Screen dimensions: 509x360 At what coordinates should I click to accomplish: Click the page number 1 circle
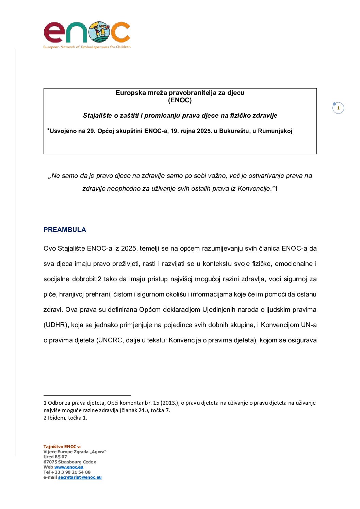(x=338, y=108)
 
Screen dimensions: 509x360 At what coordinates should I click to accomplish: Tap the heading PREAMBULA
(x=65, y=230)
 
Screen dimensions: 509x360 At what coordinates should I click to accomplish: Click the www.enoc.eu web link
(x=69, y=467)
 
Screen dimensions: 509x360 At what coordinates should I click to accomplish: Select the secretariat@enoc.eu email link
(x=80, y=477)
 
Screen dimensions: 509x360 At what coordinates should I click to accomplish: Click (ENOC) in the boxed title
(x=180, y=100)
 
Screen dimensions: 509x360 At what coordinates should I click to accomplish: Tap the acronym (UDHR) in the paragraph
(x=56, y=325)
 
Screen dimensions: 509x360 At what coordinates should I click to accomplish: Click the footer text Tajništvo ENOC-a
(x=62, y=447)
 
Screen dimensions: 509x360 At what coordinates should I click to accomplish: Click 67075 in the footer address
(x=50, y=462)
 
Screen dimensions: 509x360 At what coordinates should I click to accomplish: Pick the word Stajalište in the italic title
(x=97, y=116)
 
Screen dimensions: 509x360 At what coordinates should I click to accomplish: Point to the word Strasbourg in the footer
(x=70, y=462)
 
